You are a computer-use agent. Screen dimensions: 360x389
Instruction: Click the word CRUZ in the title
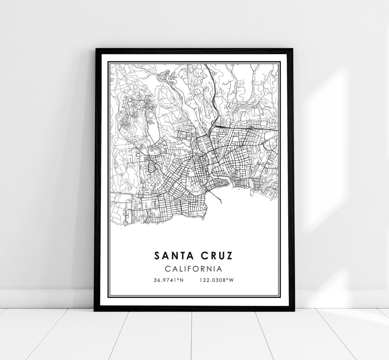point(215,255)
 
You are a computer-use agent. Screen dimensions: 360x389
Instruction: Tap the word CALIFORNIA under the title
point(193,269)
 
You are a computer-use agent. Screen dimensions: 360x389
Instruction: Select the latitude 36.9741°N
point(169,280)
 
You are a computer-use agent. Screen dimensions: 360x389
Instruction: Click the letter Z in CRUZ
point(229,255)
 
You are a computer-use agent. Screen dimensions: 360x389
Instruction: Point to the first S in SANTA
point(157,255)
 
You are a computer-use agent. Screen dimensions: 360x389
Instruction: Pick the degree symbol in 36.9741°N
point(179,279)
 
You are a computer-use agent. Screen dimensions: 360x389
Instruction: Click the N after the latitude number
point(182,280)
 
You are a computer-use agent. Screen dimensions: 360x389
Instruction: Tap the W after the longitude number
point(232,280)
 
